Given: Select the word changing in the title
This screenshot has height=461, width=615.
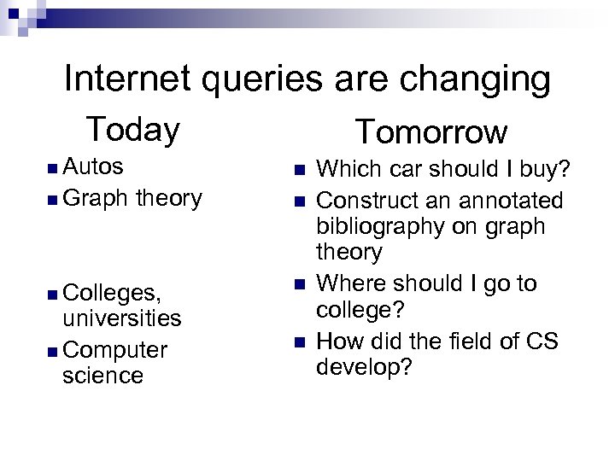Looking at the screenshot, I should [480, 81].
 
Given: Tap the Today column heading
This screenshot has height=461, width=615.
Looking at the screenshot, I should [133, 130].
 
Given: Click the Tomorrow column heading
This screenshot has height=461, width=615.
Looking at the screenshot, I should [431, 132].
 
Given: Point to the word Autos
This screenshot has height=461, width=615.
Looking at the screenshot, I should [93, 165].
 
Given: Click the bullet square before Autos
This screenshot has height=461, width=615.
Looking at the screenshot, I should [54, 166].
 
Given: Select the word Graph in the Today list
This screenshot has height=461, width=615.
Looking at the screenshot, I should [94, 199].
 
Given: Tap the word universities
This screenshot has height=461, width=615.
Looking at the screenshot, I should [121, 318].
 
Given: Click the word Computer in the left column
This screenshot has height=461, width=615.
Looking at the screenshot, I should [114, 351].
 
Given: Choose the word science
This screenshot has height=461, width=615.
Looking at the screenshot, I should [102, 376].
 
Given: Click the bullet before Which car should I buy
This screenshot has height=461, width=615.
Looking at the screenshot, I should [298, 169].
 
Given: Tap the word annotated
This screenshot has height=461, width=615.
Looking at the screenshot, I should [512, 201].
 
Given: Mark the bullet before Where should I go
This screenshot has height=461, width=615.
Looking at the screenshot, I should [298, 283].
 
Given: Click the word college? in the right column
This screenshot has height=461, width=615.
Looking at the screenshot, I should [360, 308].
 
